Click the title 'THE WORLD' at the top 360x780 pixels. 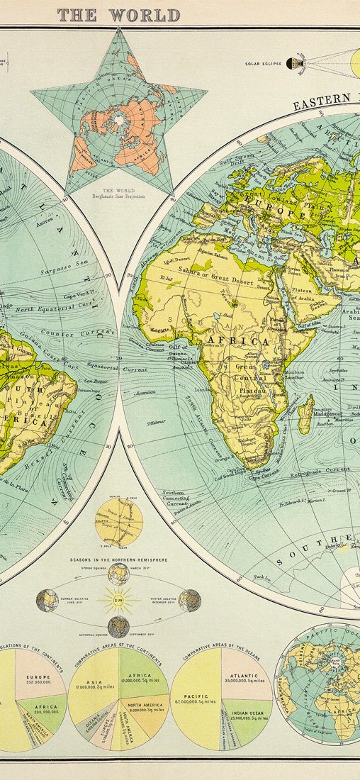point(118,15)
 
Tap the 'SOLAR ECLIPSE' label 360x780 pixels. point(264,64)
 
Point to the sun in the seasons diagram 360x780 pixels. point(118,601)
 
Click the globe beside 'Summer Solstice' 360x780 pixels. point(47,601)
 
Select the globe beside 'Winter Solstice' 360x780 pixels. point(189,601)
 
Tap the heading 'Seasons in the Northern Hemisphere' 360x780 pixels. point(118,559)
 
